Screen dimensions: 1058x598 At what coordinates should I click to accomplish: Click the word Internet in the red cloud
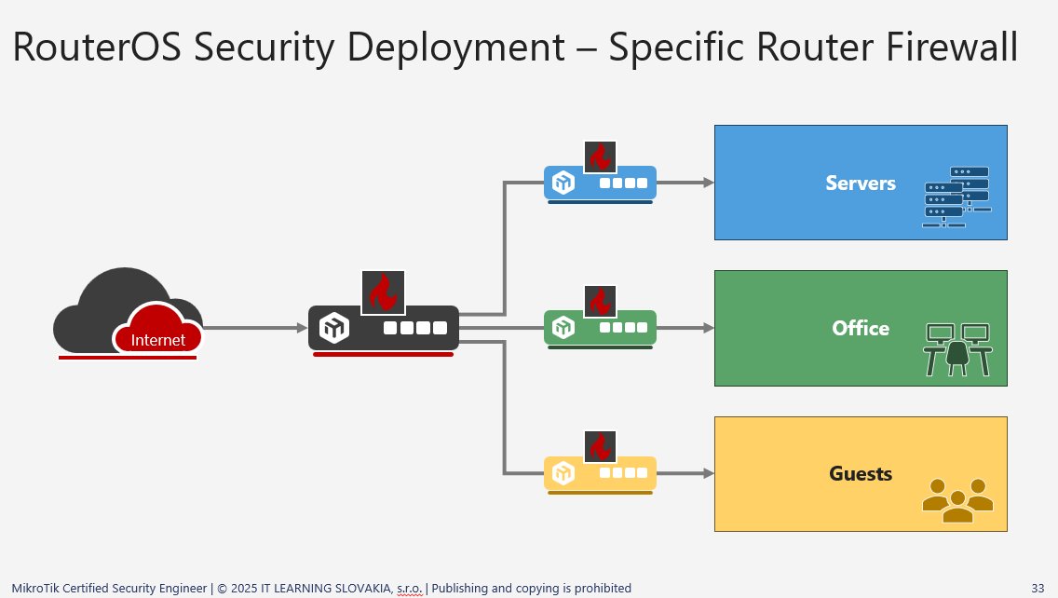pyautogui.click(x=158, y=339)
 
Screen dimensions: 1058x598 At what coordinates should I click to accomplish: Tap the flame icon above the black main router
pyautogui.click(x=384, y=292)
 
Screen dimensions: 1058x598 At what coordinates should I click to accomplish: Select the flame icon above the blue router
pyautogui.click(x=600, y=157)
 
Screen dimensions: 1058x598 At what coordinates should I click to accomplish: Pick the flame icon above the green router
pyautogui.click(x=600, y=301)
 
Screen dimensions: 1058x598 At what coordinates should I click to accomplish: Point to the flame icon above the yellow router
pyautogui.click(x=600, y=446)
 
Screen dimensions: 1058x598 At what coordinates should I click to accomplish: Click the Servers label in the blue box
pyautogui.click(x=861, y=183)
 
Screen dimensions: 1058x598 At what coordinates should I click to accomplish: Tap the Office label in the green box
pyautogui.click(x=861, y=328)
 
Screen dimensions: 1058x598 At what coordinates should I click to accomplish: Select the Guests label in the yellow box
pyautogui.click(x=861, y=474)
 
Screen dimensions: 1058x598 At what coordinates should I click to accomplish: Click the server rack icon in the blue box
pyautogui.click(x=956, y=197)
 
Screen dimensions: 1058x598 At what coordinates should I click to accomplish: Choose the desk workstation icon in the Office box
pyautogui.click(x=957, y=349)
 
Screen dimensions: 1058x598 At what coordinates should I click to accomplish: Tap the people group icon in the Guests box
pyautogui.click(x=957, y=500)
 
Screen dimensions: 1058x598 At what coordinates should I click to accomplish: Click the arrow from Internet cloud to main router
pyautogui.click(x=255, y=328)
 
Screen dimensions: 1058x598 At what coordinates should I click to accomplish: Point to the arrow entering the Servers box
pyautogui.click(x=685, y=183)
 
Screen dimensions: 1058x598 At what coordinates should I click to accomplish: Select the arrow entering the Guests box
pyautogui.click(x=685, y=473)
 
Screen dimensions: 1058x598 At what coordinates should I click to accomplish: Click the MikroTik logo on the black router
pyautogui.click(x=334, y=328)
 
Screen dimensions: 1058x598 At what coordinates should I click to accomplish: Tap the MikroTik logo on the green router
pyautogui.click(x=563, y=327)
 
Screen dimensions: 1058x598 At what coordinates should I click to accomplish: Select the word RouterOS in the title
pyautogui.click(x=97, y=47)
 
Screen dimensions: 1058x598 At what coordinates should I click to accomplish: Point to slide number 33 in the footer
pyautogui.click(x=1038, y=588)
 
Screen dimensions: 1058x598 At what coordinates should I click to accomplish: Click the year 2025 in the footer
pyautogui.click(x=244, y=588)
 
